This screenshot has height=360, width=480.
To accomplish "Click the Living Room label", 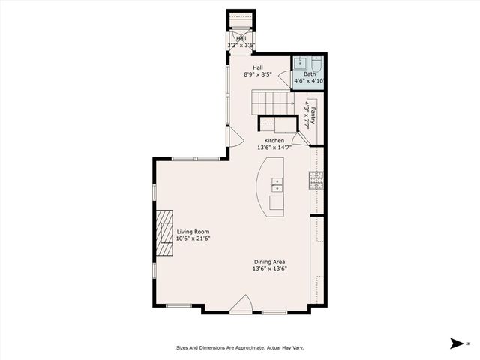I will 193,232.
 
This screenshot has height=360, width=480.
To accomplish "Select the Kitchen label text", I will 274,140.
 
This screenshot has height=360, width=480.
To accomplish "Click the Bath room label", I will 309,73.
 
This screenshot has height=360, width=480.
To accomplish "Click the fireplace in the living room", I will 164,232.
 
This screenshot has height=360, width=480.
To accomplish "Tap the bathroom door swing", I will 284,78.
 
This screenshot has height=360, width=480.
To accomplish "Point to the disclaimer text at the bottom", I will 239,347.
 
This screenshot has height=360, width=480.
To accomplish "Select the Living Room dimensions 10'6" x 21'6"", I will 193,239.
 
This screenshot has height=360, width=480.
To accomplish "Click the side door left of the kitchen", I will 235,137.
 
